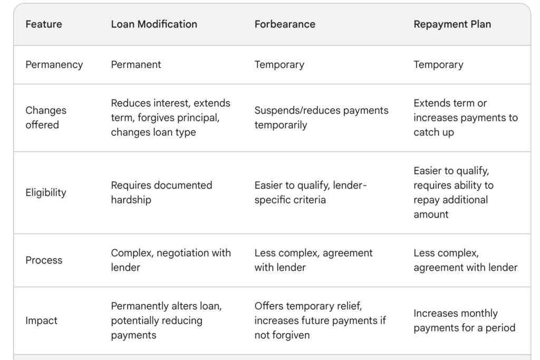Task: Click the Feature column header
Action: click(x=44, y=24)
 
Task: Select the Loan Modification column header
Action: click(x=154, y=24)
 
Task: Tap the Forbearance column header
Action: click(x=285, y=24)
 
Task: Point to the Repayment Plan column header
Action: click(x=452, y=24)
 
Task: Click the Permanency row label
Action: click(x=54, y=65)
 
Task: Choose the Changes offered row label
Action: click(x=46, y=118)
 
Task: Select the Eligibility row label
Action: click(x=46, y=192)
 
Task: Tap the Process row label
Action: click(x=44, y=260)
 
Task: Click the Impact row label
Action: click(x=41, y=321)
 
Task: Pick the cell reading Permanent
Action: click(x=136, y=65)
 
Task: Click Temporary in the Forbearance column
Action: click(x=279, y=65)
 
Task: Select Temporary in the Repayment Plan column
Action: click(x=438, y=65)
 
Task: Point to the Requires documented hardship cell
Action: click(x=161, y=192)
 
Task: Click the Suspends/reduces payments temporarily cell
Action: click(x=321, y=118)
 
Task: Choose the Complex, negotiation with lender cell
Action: click(x=171, y=260)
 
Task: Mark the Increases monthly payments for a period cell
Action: click(x=464, y=320)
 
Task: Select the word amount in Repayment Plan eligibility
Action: click(x=431, y=215)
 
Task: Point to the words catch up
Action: click(x=433, y=132)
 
